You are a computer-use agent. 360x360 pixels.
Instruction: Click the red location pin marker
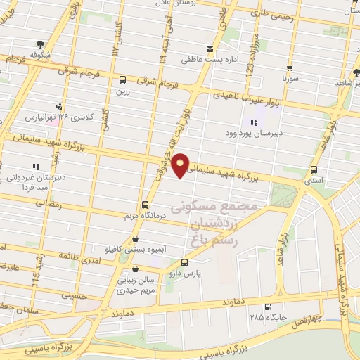(181, 165)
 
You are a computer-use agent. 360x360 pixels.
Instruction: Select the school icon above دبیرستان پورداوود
(253, 122)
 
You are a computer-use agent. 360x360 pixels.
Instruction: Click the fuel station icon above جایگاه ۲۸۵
(268, 307)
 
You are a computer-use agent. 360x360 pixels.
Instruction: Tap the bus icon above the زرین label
(123, 79)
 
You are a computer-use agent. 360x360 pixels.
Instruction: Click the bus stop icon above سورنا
(289, 69)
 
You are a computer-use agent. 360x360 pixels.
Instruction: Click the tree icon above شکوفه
(39, 43)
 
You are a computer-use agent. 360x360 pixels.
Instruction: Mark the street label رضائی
(53, 204)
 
